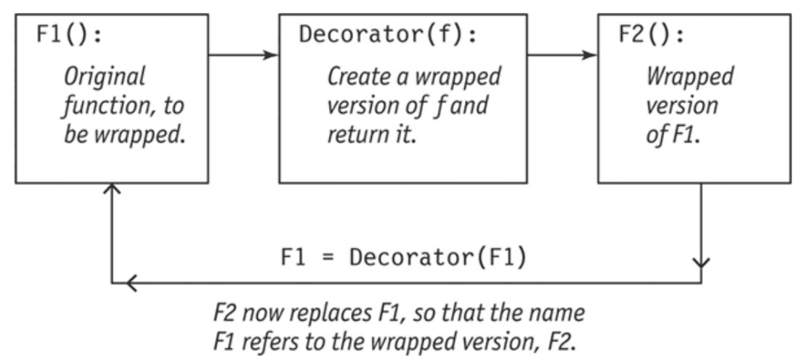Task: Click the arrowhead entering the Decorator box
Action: point(272,56)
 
